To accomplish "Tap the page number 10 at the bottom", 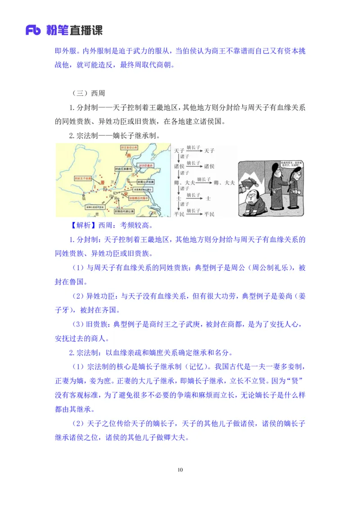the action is click(180, 470).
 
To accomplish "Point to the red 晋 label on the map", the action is click(103, 182).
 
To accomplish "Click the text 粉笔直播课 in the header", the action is click(74, 31).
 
